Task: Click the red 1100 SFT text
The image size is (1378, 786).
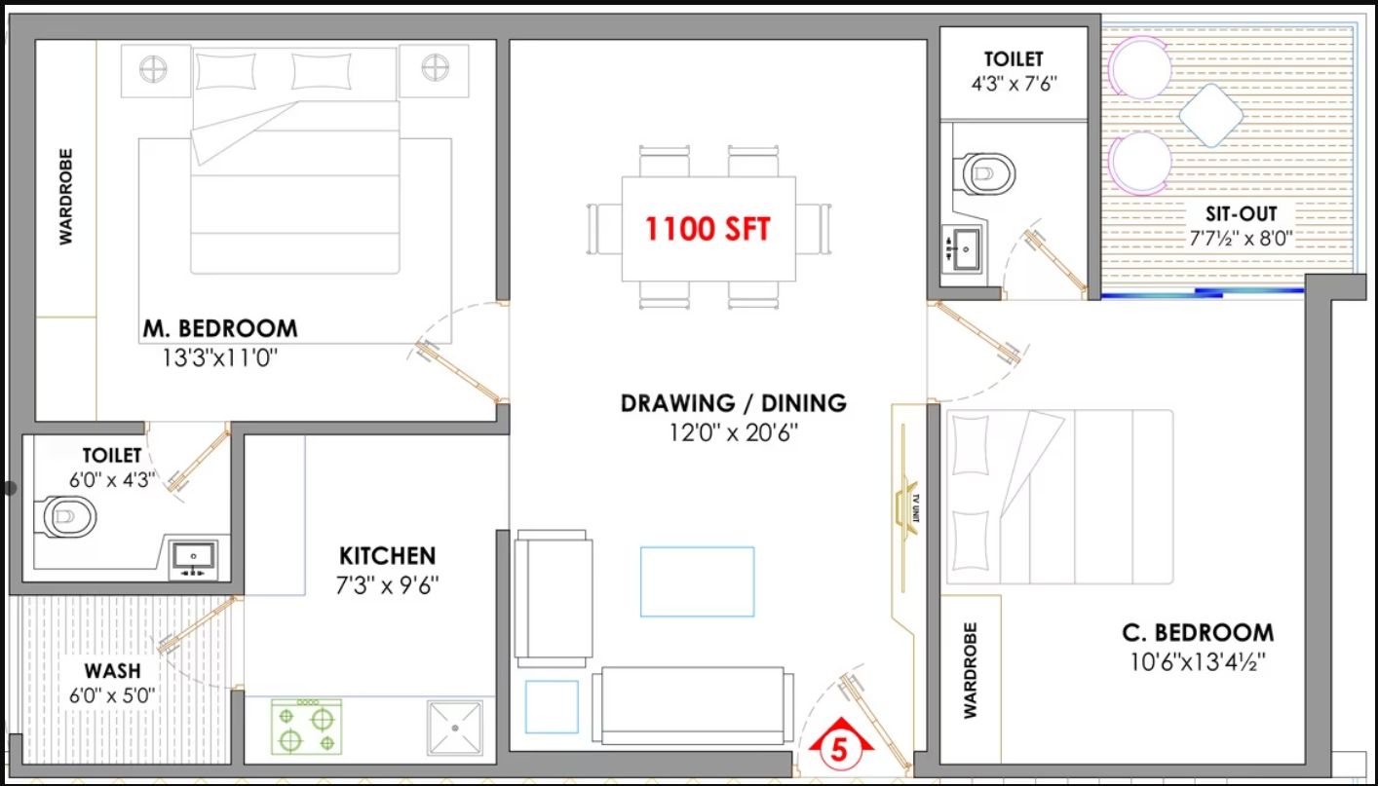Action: point(707,229)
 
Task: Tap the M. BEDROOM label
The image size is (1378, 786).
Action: point(220,328)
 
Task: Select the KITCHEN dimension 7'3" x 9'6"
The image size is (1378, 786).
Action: point(388,585)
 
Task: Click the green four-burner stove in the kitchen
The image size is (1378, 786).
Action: point(306,727)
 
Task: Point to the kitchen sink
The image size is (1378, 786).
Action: point(455,729)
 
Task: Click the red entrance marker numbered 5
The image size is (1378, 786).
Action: point(840,743)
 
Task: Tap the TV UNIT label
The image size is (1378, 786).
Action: point(916,508)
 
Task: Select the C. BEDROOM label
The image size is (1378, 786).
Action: point(1198,633)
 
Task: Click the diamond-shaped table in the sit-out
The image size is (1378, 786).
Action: point(1210,116)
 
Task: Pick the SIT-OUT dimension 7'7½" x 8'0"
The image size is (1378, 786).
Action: point(1241,238)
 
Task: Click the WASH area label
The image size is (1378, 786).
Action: point(113,670)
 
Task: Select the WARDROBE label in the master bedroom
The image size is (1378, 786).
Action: point(66,197)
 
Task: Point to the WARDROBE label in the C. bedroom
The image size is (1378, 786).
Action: point(970,670)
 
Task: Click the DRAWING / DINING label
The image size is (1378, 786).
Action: point(733,403)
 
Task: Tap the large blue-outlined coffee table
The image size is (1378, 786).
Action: point(697,581)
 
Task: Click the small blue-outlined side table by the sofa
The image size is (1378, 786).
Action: point(552,707)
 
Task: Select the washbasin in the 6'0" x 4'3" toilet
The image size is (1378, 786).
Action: point(193,560)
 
